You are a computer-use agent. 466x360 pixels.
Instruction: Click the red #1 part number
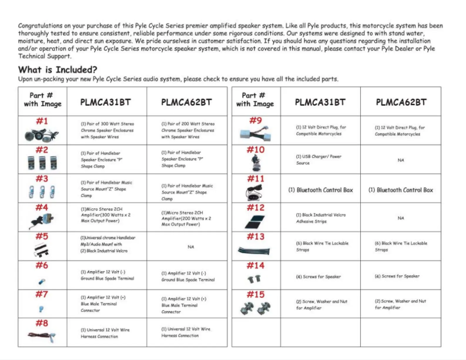pyautogui.click(x=42, y=121)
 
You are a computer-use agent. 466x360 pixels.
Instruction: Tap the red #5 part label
pyautogui.click(x=42, y=237)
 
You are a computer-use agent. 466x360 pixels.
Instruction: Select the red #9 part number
pyautogui.click(x=256, y=121)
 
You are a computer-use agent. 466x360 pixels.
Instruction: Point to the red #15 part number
pyautogui.click(x=256, y=295)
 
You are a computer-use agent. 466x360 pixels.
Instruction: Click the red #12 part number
pyautogui.click(x=256, y=207)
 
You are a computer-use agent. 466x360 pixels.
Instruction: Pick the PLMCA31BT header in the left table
pyautogui.click(x=106, y=102)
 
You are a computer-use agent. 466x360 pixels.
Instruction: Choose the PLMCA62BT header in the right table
pyautogui.click(x=401, y=102)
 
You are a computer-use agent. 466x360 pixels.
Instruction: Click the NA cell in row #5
pyautogui.click(x=191, y=247)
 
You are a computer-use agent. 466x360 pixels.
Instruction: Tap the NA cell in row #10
pyautogui.click(x=401, y=160)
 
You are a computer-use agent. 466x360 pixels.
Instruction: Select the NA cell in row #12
pyautogui.click(x=401, y=218)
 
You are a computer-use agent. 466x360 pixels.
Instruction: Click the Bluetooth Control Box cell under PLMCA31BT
pyautogui.click(x=320, y=190)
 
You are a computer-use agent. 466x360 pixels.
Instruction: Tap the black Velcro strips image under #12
pyautogui.click(x=256, y=221)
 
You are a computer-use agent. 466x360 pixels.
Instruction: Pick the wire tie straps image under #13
pyautogui.click(x=256, y=250)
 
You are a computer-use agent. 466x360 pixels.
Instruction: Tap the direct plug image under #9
pyautogui.click(x=256, y=134)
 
